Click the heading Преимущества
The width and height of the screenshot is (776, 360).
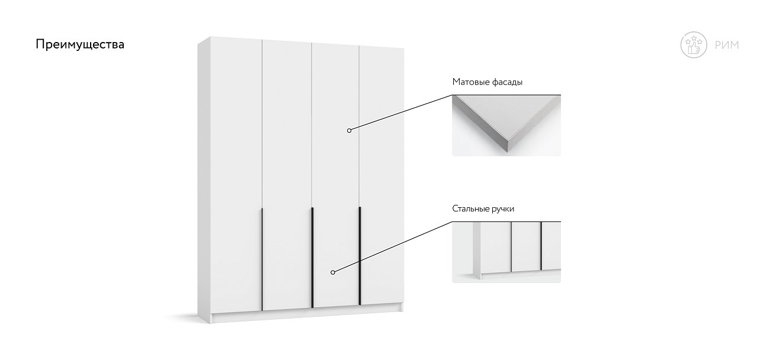(80, 44)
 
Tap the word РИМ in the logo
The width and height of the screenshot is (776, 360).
(727, 45)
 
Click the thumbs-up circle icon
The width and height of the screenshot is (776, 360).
(694, 45)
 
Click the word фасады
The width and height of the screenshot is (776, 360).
(506, 82)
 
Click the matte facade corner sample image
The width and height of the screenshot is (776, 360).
(506, 126)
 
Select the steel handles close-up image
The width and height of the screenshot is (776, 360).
(506, 252)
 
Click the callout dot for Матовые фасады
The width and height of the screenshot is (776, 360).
(349, 130)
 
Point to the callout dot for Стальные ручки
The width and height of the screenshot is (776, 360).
(332, 272)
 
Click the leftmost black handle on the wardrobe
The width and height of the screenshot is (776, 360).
(262, 259)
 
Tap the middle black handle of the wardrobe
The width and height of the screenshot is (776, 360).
(312, 258)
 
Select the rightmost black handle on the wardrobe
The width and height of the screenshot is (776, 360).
(360, 256)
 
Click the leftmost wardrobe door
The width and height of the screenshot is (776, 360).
(236, 175)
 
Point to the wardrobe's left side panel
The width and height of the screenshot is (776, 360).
(204, 180)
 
